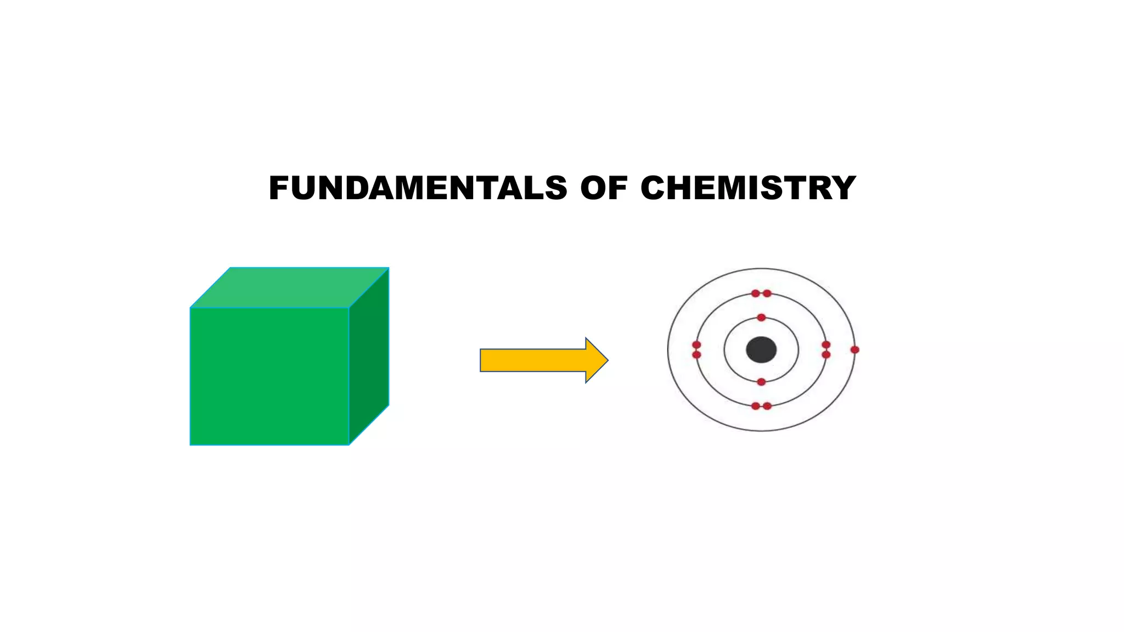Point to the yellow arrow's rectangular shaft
pyautogui.click(x=532, y=360)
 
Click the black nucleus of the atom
pyautogui.click(x=761, y=350)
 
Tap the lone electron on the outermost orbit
pyautogui.click(x=855, y=349)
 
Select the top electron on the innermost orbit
pyautogui.click(x=761, y=318)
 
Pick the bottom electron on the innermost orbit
pyautogui.click(x=761, y=382)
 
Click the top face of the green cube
pyautogui.click(x=290, y=287)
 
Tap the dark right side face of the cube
pyautogui.click(x=369, y=357)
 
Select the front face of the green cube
pyautogui.click(x=269, y=376)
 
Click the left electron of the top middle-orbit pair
pyautogui.click(x=756, y=294)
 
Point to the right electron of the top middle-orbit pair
pyautogui.click(x=767, y=294)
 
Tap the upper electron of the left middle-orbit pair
pyautogui.click(x=696, y=345)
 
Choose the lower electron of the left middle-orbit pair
pyautogui.click(x=696, y=355)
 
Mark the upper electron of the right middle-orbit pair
pyautogui.click(x=826, y=345)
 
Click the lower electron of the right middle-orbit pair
pyautogui.click(x=826, y=355)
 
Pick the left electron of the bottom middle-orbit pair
pyautogui.click(x=756, y=406)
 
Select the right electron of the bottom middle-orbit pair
pyautogui.click(x=767, y=406)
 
